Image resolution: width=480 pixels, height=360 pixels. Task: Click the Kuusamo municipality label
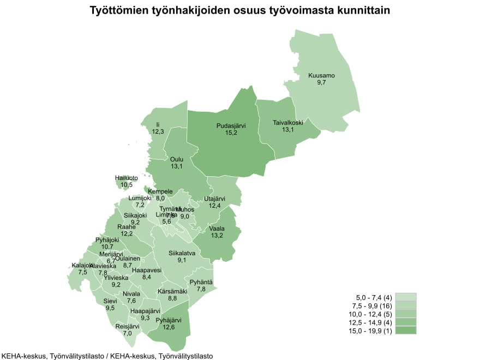pyautogui.click(x=321, y=75)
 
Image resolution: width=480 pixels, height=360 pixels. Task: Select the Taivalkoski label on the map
pyautogui.click(x=288, y=123)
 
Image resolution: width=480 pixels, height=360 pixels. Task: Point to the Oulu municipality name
pyautogui.click(x=177, y=159)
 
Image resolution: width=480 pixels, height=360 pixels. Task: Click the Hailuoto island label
pyautogui.click(x=127, y=178)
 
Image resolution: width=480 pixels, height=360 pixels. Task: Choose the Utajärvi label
pyautogui.click(x=214, y=199)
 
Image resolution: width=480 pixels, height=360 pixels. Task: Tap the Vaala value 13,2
pyautogui.click(x=217, y=236)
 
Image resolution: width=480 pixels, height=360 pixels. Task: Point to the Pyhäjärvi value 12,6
pyautogui.click(x=165, y=327)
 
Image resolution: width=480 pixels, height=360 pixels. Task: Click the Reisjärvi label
pyautogui.click(x=128, y=326)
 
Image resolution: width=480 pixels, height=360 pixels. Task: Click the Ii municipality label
pyautogui.click(x=158, y=125)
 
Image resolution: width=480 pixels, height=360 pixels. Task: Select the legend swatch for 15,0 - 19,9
pyautogui.click(x=406, y=330)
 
